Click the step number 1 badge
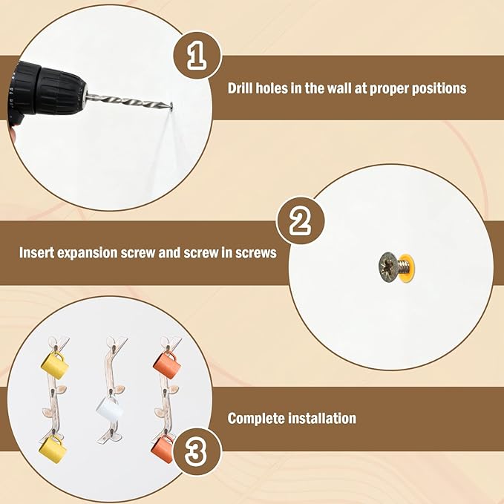tap(197, 55)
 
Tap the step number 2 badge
tap(300, 220)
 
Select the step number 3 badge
tap(197, 451)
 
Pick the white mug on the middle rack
tap(109, 408)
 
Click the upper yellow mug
tap(55, 366)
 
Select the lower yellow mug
tap(53, 449)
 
